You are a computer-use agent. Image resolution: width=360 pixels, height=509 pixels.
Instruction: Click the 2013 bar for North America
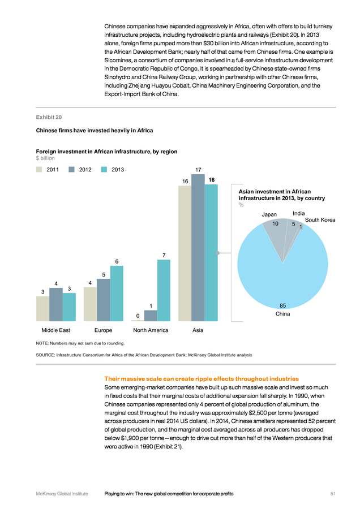coord(164,291)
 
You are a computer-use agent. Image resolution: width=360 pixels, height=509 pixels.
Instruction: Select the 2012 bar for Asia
coord(198,248)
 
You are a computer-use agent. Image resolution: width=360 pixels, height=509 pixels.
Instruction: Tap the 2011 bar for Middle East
coord(42,309)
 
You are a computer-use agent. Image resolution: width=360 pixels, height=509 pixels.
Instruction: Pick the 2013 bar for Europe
coord(117,294)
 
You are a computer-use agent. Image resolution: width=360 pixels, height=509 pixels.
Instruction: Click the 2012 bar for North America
coord(151,316)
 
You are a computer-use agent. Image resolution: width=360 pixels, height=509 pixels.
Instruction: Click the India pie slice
coord(292,235)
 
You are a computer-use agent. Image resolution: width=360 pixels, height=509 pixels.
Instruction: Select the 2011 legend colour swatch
coord(39,170)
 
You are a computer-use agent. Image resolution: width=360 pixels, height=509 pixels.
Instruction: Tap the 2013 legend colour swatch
coord(104,170)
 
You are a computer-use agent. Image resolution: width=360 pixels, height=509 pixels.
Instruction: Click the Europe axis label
coord(104,330)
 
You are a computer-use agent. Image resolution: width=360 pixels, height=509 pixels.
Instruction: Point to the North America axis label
coord(151,330)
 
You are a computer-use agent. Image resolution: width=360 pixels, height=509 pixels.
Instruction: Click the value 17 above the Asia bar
coord(198,170)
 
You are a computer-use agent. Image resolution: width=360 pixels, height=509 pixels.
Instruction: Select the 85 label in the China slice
coord(282,305)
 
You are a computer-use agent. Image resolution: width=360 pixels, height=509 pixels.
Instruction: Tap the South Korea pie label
coord(320,220)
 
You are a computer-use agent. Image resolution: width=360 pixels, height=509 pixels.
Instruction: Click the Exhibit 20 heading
coord(49,117)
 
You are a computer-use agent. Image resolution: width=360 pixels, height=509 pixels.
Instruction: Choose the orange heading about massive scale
coord(202,379)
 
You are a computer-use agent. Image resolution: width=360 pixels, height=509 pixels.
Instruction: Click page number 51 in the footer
coord(333,494)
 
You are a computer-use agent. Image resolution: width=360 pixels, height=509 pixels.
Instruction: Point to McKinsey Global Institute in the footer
coord(62,494)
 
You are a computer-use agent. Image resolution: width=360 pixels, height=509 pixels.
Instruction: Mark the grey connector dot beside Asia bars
coord(218,253)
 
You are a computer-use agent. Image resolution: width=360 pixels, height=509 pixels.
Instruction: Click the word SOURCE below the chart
coord(45,355)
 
